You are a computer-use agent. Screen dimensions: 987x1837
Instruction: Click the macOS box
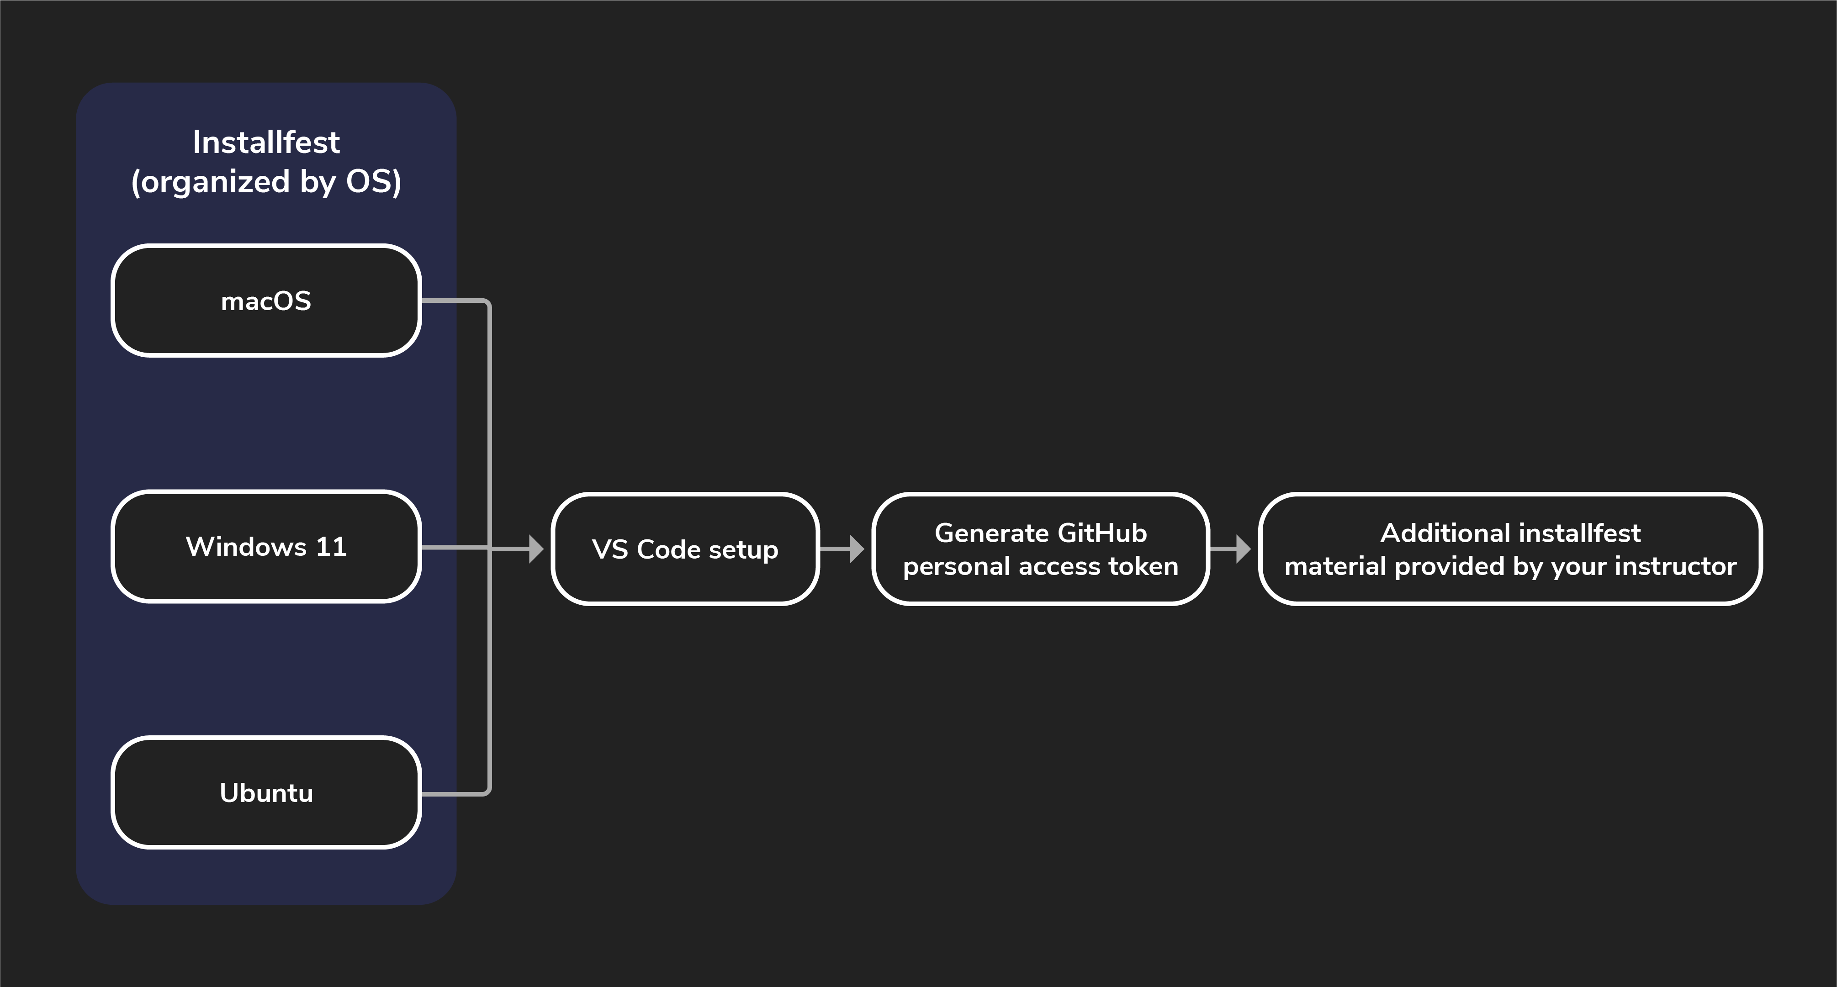coord(266,300)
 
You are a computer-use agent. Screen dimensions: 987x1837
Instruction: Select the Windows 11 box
coord(266,546)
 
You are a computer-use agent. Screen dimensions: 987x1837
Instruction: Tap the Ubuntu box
coord(266,792)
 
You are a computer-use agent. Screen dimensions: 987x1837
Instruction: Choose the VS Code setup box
coord(685,549)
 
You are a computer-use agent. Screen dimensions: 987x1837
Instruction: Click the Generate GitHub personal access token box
coord(1040,549)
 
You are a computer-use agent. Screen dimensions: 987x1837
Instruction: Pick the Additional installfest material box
coord(1510,549)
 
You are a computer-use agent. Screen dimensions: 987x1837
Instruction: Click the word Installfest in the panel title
coord(266,142)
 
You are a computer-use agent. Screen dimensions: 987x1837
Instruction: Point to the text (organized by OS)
coord(266,182)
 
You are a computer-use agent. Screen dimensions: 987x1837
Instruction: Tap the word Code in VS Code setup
coord(668,549)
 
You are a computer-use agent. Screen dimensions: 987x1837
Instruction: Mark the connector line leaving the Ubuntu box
coord(456,793)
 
